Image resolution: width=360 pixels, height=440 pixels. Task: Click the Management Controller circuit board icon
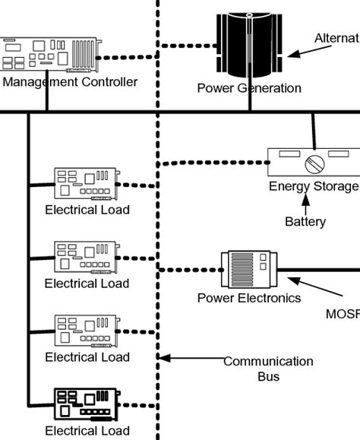(x=49, y=55)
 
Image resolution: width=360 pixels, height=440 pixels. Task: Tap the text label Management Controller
(x=69, y=81)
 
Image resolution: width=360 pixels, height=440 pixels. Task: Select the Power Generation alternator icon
(x=249, y=46)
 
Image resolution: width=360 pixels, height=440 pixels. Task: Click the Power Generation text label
(x=248, y=88)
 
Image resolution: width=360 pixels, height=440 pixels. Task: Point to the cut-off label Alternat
(x=336, y=38)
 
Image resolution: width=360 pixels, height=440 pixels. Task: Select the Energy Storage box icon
(x=312, y=163)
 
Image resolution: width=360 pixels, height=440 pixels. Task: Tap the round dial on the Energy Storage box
(x=313, y=165)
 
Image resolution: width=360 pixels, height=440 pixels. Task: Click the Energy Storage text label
(x=314, y=187)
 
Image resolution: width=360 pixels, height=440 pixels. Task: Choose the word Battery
(x=305, y=222)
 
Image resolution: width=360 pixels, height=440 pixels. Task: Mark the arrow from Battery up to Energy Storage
(x=305, y=203)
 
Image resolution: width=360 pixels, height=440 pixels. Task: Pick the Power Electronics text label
(x=248, y=298)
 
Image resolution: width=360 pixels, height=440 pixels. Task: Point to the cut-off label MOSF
(x=343, y=313)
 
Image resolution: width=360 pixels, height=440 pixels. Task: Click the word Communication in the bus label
(x=268, y=362)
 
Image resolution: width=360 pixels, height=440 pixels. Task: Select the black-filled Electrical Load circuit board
(x=85, y=404)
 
